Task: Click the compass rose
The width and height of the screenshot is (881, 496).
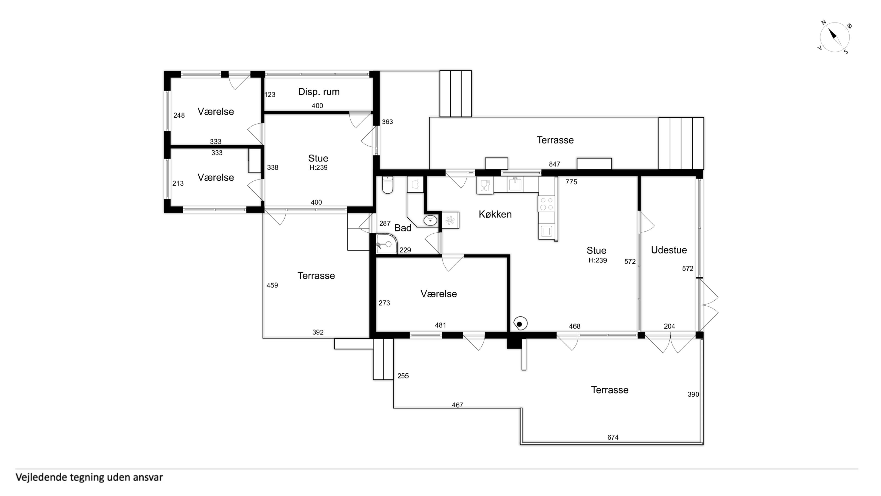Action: (x=834, y=37)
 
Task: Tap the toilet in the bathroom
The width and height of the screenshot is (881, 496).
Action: (x=388, y=185)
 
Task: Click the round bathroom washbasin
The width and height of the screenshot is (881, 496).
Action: (x=430, y=220)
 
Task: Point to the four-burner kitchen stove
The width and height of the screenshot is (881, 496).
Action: (x=546, y=204)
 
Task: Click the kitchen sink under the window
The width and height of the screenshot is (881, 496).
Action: (x=515, y=184)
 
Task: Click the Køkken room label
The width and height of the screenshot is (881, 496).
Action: (x=495, y=214)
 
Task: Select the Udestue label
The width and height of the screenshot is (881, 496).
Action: (x=669, y=250)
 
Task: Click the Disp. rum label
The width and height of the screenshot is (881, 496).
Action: (x=319, y=92)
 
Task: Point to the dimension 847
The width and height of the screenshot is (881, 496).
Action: (x=554, y=164)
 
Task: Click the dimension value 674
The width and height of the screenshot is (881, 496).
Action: (x=613, y=437)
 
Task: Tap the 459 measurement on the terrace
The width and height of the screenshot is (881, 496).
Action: (x=272, y=285)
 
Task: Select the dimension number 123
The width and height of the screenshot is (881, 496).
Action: (x=270, y=94)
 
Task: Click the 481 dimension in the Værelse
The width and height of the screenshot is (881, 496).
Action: (x=440, y=325)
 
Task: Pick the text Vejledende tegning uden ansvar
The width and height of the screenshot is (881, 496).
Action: (x=89, y=477)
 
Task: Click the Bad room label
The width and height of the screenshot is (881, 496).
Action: (x=403, y=228)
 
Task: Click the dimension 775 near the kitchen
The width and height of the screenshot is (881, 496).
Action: (x=571, y=182)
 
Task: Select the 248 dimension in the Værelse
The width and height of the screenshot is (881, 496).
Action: (x=179, y=115)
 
